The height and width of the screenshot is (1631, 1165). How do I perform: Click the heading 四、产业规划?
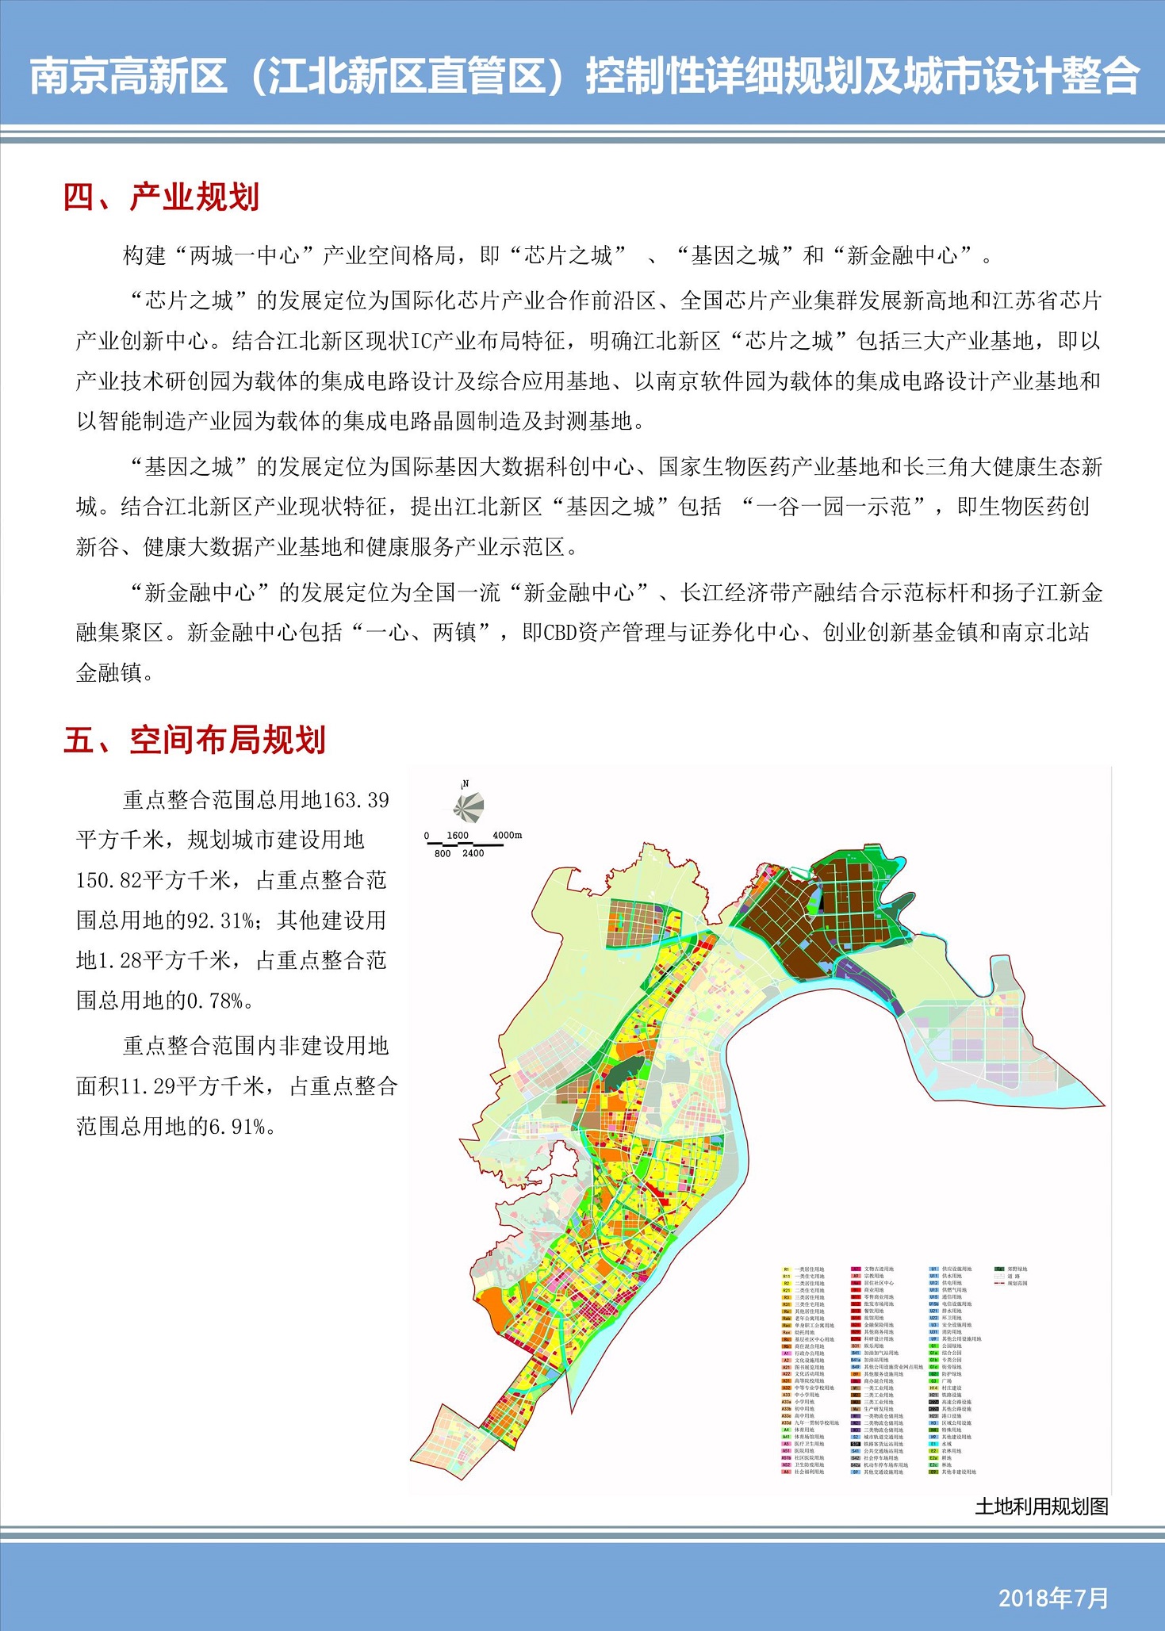pos(162,197)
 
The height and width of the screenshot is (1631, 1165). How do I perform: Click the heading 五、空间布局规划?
pos(194,740)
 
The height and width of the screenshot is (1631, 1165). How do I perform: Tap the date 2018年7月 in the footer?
pos(1053,1598)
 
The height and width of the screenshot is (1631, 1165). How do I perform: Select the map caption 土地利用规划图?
pos(1041,1506)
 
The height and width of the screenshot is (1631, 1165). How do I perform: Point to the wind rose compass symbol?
pos(467,808)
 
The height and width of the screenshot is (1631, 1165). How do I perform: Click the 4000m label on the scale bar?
pos(508,835)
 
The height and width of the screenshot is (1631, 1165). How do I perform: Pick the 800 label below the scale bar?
pos(443,853)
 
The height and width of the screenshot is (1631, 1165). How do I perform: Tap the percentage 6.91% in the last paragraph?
pos(236,1126)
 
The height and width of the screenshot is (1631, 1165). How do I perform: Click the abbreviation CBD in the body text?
pos(560,633)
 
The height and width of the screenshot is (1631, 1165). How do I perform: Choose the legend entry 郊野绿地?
pos(1012,1269)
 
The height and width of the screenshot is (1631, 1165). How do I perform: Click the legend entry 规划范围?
pos(1012,1283)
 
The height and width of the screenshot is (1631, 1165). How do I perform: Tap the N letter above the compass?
pos(466,783)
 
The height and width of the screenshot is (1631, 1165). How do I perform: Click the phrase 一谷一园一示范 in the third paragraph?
pos(833,507)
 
